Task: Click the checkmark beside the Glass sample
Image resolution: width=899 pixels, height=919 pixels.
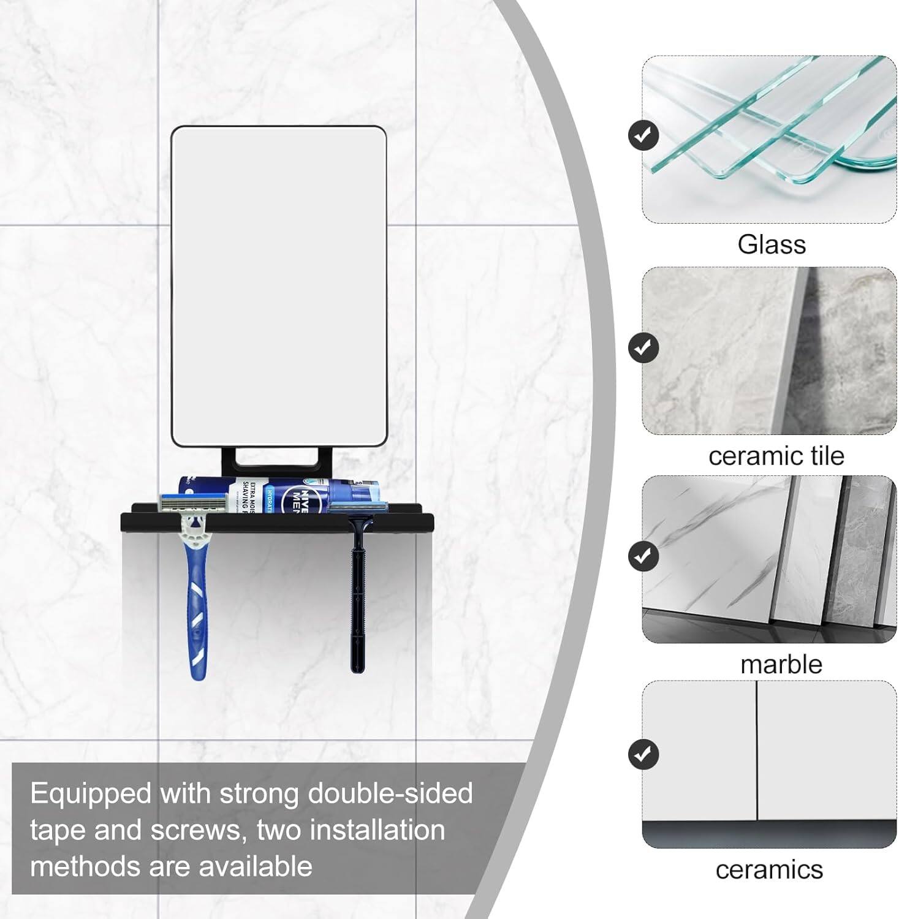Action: pos(643,135)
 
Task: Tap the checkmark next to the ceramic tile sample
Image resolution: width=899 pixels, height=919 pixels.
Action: pos(643,347)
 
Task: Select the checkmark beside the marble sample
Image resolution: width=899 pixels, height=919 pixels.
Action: pos(643,556)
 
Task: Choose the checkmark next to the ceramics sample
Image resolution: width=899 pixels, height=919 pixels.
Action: pos(643,754)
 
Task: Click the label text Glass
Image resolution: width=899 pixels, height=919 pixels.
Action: pos(771,244)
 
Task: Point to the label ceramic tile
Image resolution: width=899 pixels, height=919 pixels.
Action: pos(776,456)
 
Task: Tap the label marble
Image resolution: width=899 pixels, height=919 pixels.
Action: pos(781,665)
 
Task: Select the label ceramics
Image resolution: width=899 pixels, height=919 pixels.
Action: pos(769,869)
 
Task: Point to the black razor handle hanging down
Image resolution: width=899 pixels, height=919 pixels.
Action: pos(357,600)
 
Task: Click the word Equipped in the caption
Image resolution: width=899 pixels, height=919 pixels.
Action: pos(90,793)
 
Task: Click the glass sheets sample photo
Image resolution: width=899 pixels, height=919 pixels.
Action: pos(769,139)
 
